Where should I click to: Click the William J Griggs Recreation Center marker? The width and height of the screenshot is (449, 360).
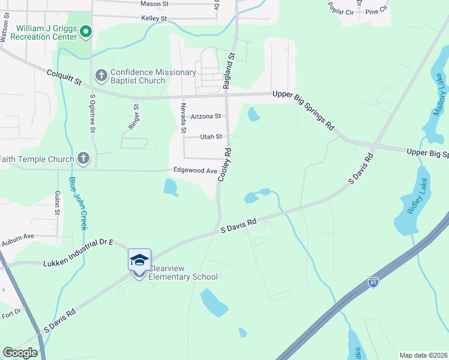point(85,31)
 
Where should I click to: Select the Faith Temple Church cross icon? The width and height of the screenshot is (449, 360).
point(83,159)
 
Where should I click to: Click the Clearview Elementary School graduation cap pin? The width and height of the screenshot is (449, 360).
point(139,260)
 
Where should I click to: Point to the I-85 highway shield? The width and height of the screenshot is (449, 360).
point(373,282)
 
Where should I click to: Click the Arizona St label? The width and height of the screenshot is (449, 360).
point(206,116)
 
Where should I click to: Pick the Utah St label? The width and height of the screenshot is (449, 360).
point(211,137)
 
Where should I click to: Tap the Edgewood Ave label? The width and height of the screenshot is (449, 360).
point(195,170)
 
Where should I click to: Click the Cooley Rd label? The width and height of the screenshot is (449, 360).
point(225,165)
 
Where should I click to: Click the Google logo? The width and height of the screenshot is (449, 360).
point(20,353)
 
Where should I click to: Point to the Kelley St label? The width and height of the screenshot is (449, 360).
point(154,19)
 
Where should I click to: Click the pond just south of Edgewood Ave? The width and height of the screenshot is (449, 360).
point(170,188)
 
